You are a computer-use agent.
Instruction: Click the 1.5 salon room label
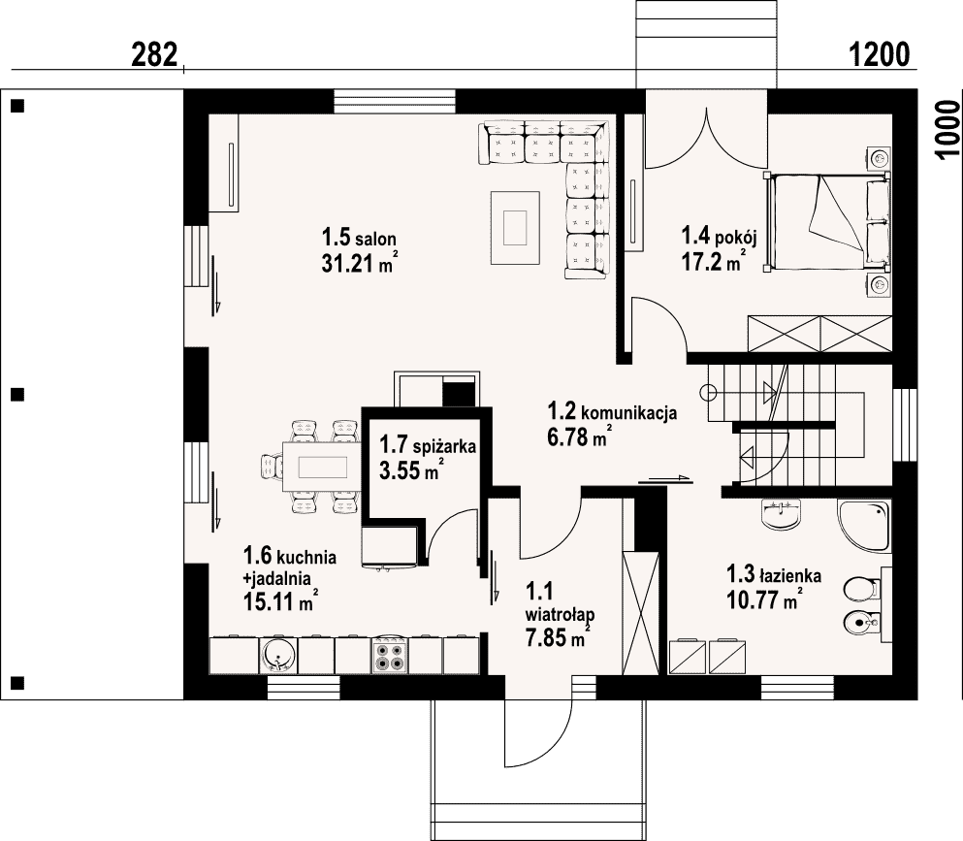tap(359, 237)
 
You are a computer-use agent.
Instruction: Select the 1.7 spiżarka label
tap(428, 445)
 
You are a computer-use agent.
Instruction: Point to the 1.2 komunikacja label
tap(612, 411)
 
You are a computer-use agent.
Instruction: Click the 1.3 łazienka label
tap(774, 575)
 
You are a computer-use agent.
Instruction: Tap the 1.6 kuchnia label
tap(290, 556)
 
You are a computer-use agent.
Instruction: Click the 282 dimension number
tap(155, 54)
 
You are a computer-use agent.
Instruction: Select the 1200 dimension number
tap(879, 54)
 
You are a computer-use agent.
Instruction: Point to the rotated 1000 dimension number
tap(948, 130)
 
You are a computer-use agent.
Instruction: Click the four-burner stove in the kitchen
tap(390, 657)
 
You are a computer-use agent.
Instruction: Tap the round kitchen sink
tap(278, 657)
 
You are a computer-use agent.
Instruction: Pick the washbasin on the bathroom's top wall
tap(782, 514)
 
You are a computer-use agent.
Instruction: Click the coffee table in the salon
tap(515, 228)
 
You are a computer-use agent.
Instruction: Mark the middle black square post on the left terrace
tap(17, 395)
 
